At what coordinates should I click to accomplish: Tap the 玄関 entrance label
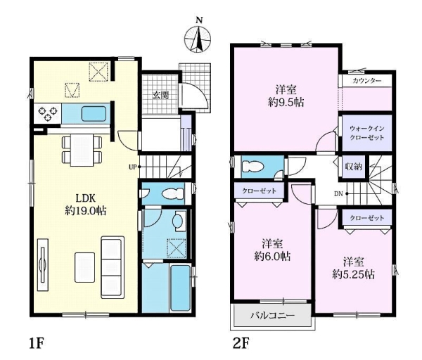[x=161, y=96]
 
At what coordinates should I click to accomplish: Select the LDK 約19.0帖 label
[x=86, y=205]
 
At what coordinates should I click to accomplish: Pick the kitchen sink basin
[x=94, y=114]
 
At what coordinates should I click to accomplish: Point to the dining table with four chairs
[x=82, y=150]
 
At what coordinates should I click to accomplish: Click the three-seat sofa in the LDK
[x=113, y=267]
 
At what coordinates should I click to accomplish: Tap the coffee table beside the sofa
[x=85, y=267]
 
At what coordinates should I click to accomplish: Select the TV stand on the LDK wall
[x=42, y=265]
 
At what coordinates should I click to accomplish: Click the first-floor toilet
[x=173, y=193]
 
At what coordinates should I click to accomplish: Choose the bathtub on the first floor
[x=180, y=288]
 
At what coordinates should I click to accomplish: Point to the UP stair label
[x=132, y=167]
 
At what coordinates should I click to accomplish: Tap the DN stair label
[x=338, y=193]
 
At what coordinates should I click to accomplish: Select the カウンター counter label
[x=366, y=80]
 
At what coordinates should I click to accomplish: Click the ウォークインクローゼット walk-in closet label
[x=367, y=133]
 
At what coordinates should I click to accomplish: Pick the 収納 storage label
[x=354, y=167]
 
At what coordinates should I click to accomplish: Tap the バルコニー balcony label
[x=273, y=315]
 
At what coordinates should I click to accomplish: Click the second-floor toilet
[x=252, y=167]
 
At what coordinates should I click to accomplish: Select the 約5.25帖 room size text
[x=353, y=274]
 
